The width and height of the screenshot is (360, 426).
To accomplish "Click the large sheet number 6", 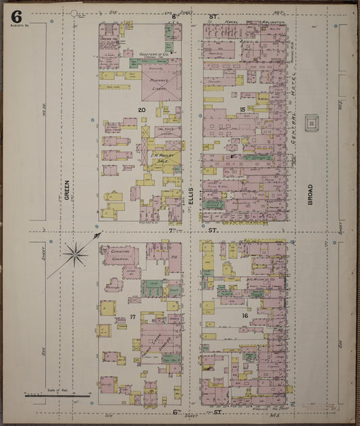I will (x=16, y=16).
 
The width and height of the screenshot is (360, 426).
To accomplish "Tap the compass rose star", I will (x=76, y=254).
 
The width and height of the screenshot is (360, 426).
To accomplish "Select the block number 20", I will (x=142, y=109).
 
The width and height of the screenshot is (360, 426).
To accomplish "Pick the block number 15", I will (x=240, y=108).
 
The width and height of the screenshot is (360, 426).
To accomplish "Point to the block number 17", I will (x=134, y=316).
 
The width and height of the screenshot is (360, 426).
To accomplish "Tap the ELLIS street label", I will (x=191, y=195).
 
